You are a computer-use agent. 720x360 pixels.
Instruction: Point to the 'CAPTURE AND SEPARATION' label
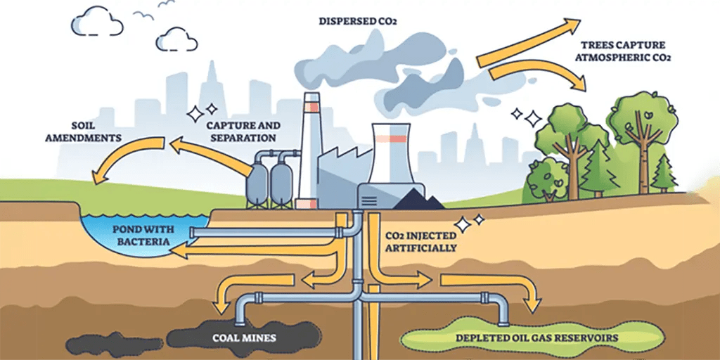click(243, 131)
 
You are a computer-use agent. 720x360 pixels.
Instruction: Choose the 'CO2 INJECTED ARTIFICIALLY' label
click(421, 242)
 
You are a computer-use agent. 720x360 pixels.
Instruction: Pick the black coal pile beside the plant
click(419, 202)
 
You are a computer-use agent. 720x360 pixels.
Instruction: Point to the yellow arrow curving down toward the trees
click(541, 73)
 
